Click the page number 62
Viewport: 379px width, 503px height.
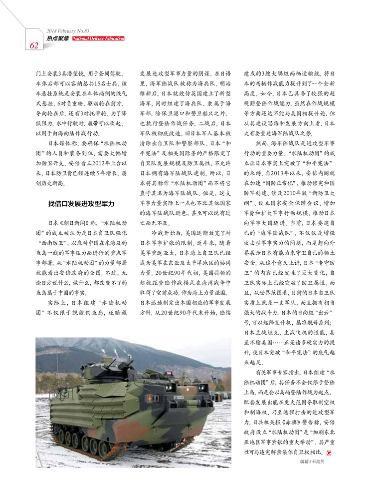(x=34, y=45)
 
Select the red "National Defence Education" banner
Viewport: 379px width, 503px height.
(x=98, y=38)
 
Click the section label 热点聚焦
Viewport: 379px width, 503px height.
(x=58, y=38)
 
